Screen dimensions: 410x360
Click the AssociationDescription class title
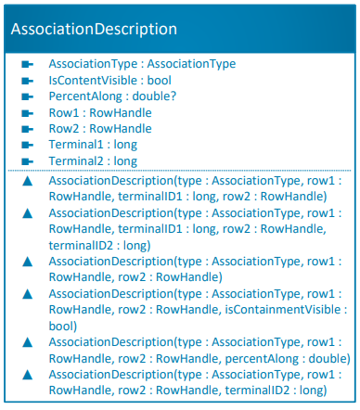94,29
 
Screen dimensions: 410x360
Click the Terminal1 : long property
90,145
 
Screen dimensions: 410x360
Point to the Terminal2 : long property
90,160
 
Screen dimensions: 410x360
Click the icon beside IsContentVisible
28,81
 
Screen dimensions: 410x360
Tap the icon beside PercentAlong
28,96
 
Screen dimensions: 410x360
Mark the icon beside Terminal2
28,161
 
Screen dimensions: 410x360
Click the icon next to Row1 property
28,113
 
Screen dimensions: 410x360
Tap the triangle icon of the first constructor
28,180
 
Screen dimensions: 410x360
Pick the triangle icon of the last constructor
28,374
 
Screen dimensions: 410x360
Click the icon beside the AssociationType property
28,65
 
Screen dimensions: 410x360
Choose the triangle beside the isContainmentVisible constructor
28,293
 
